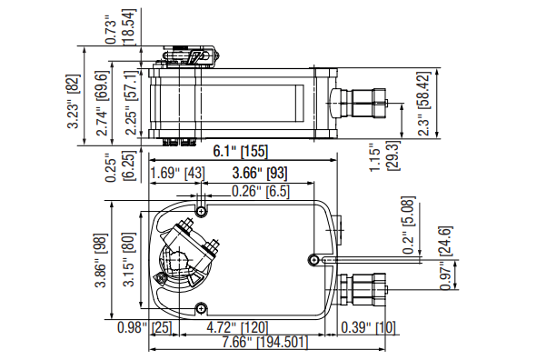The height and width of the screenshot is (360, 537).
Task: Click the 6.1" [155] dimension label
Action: [x=240, y=151]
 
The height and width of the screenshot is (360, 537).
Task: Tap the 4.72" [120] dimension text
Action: [x=237, y=327]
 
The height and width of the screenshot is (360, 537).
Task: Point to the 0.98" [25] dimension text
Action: [x=144, y=327]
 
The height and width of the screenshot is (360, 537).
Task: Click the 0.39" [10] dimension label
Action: [x=368, y=327]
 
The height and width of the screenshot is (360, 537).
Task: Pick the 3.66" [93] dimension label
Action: [x=260, y=173]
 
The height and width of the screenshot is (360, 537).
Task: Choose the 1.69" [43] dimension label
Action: [x=178, y=173]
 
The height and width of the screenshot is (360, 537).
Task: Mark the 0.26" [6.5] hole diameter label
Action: [x=261, y=191]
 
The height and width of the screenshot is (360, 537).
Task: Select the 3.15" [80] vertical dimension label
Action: [x=129, y=259]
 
